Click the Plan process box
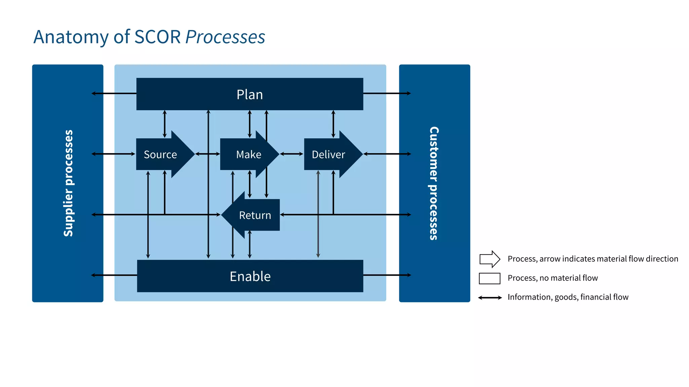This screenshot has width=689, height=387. point(250,94)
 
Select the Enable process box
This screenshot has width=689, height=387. point(250,276)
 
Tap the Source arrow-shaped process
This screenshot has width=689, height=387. point(160,154)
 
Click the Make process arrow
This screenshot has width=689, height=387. point(249,154)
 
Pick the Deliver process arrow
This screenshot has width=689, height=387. point(328,154)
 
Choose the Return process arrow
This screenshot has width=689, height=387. point(255,215)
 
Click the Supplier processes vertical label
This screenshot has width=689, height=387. point(68,183)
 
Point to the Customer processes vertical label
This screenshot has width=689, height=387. point(434,183)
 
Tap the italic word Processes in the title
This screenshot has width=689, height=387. point(225,37)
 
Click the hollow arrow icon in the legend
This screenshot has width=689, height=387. point(489,259)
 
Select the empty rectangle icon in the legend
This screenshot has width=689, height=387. point(489,278)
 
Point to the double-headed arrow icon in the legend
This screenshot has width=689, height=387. point(490,297)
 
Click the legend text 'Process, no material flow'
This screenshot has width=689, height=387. point(552,278)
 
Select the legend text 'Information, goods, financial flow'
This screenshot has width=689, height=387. point(568,297)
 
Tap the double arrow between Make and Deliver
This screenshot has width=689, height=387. point(291,154)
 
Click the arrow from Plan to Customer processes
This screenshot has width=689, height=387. point(387,93)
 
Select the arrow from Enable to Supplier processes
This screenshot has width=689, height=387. point(114,275)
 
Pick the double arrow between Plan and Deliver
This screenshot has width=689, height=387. point(333,124)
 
